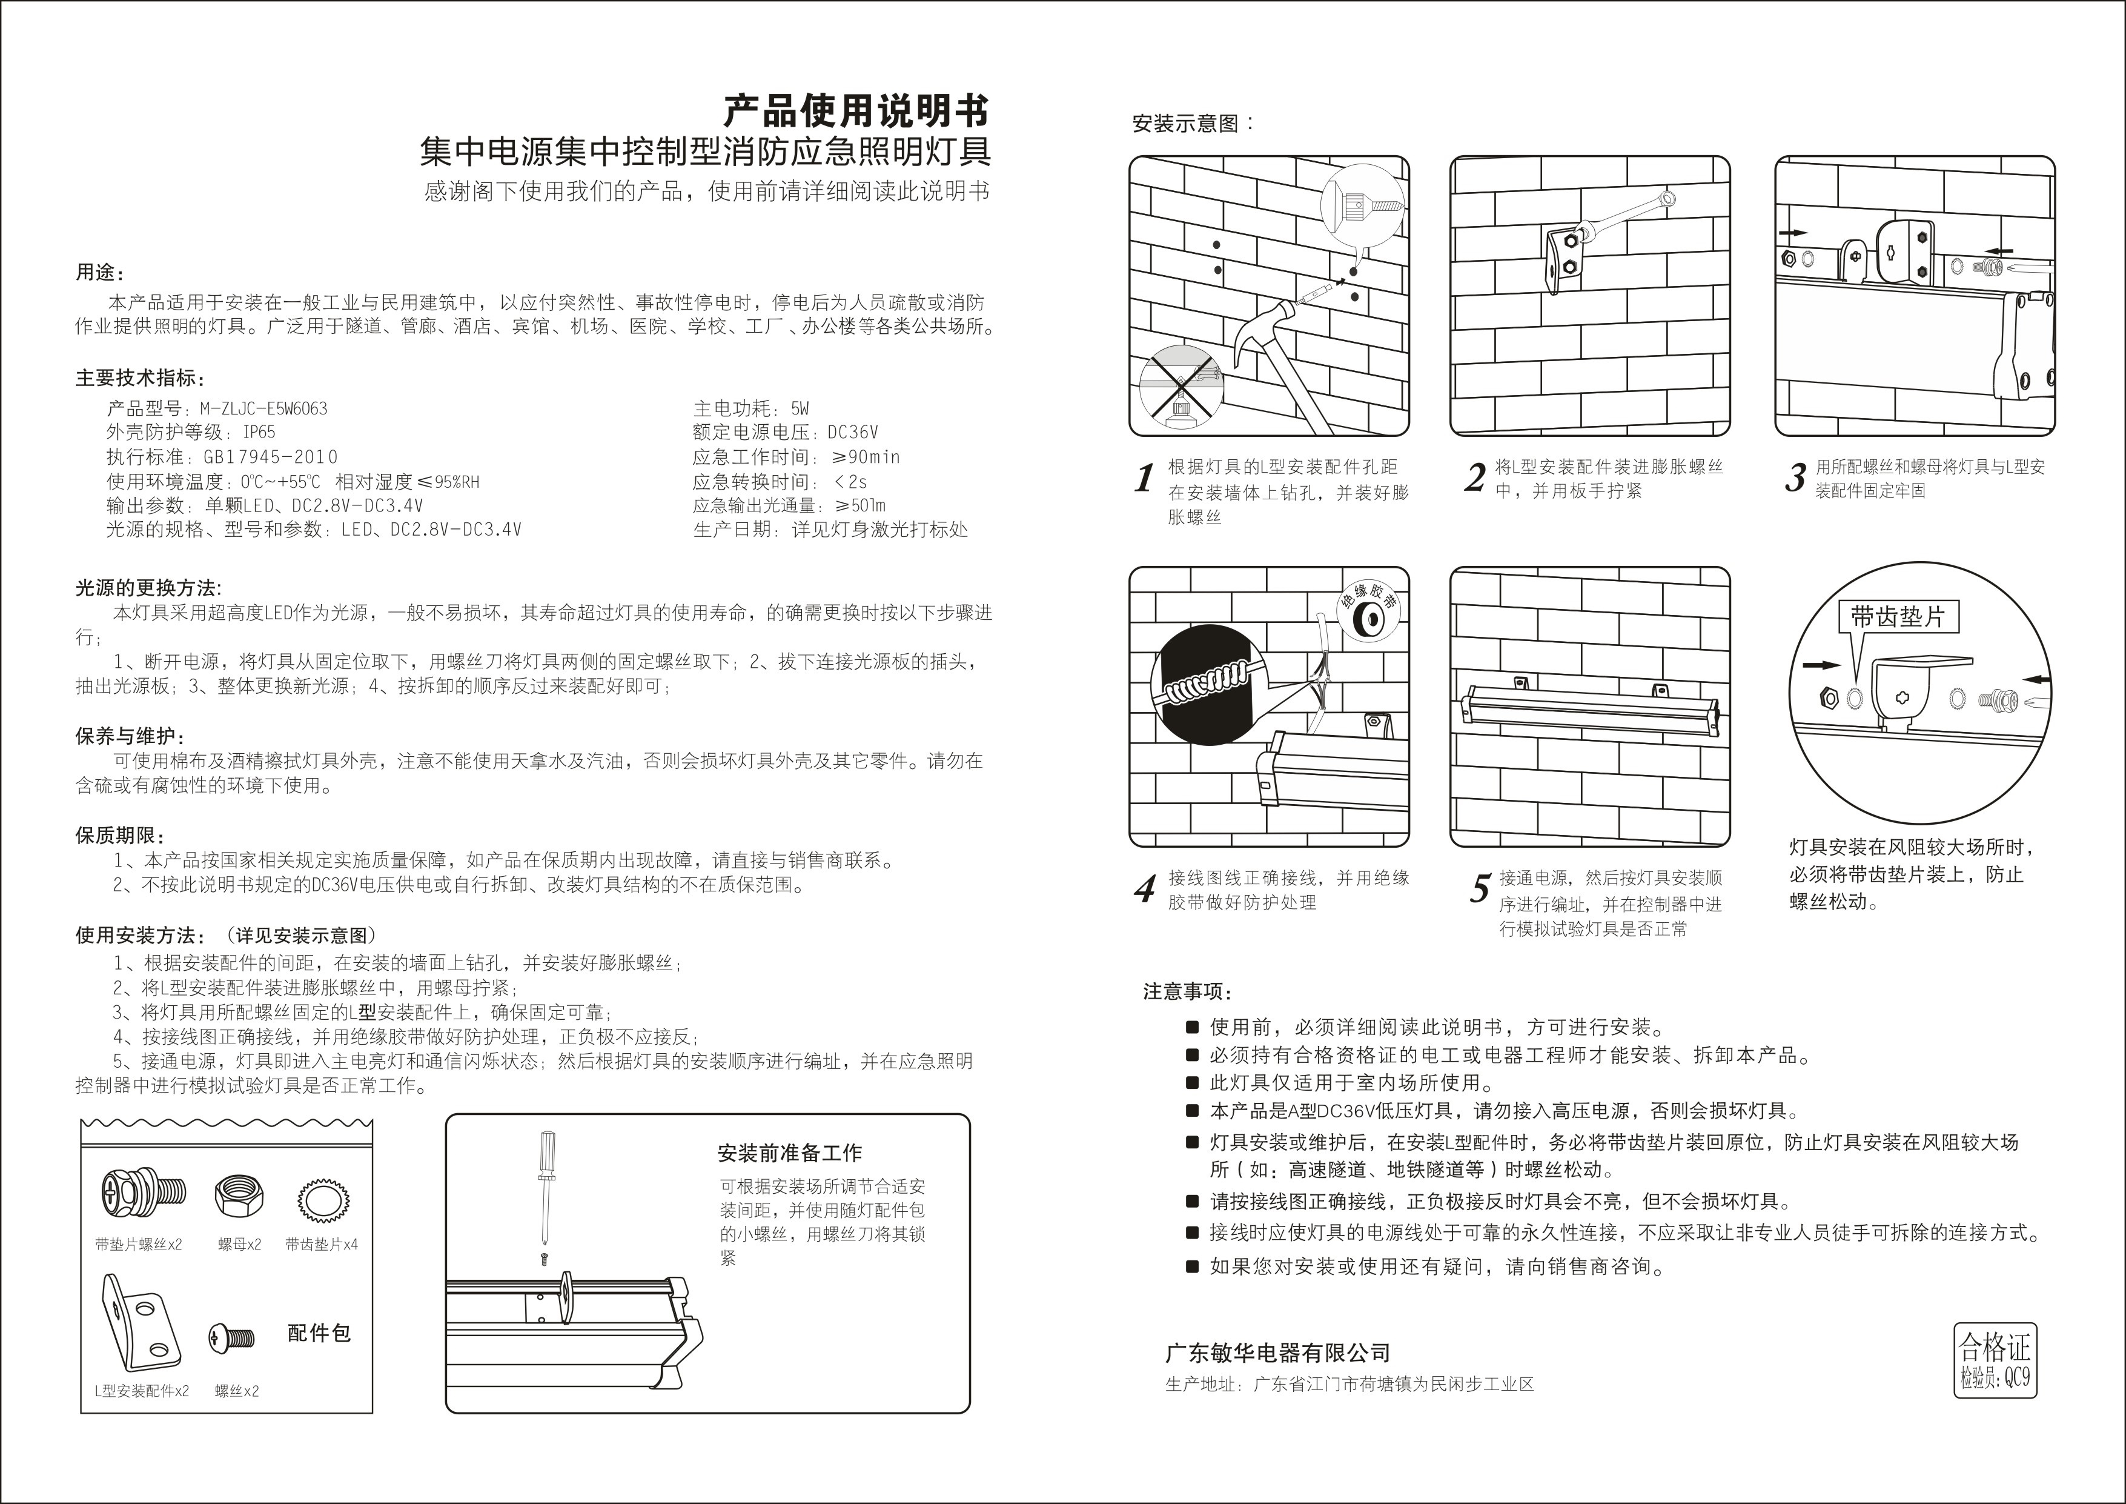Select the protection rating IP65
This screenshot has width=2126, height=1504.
tap(259, 433)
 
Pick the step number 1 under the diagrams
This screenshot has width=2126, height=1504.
tap(1145, 478)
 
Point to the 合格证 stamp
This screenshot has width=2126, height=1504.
tap(1995, 1359)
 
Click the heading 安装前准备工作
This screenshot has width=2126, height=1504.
tap(789, 1153)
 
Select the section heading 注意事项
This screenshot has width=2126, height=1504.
tap(1187, 992)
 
